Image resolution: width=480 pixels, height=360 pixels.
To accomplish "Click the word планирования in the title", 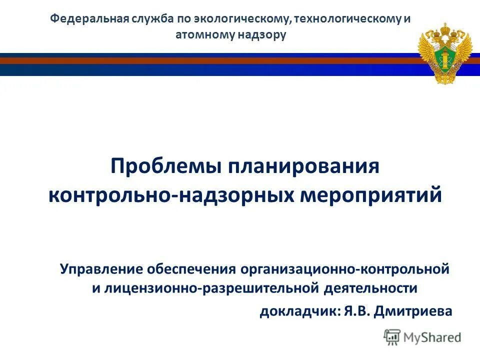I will (304, 166).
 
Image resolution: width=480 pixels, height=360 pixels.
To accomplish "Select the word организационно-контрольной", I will (344, 269).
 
